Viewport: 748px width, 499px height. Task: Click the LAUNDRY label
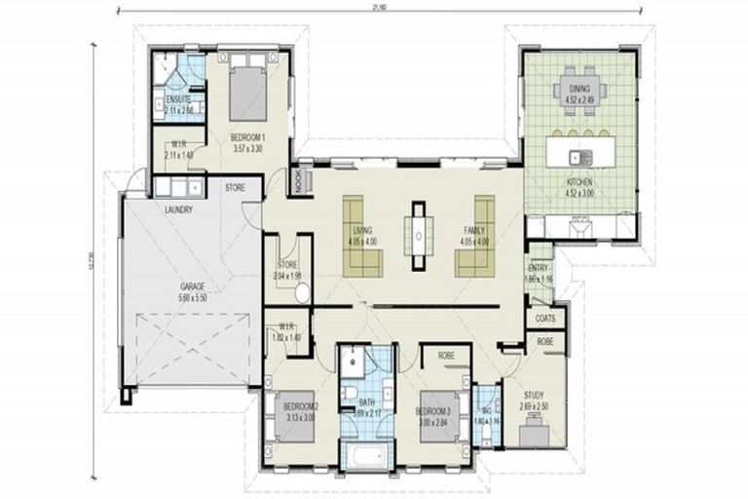pos(178,210)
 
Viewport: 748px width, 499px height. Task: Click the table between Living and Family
pos(419,235)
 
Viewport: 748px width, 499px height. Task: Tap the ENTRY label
pos(538,268)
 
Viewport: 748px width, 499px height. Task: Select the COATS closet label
pos(544,319)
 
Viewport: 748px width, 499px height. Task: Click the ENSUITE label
pos(177,100)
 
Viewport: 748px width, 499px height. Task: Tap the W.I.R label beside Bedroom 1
pos(176,146)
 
